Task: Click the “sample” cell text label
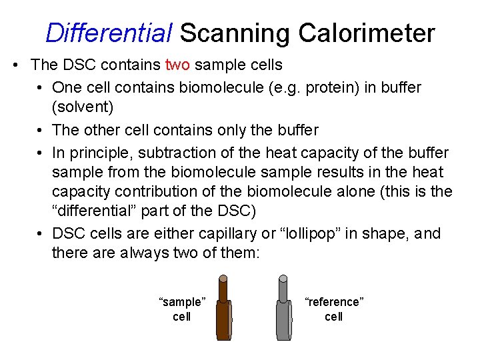(181, 309)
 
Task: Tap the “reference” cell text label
(334, 309)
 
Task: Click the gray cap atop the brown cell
(223, 279)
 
